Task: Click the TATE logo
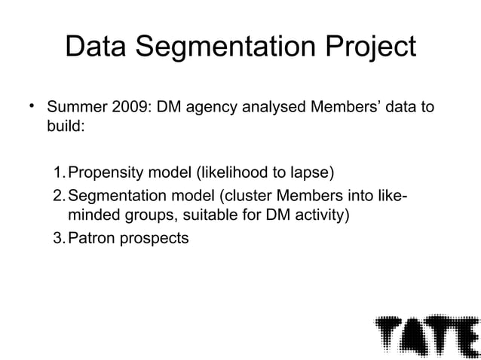click(x=426, y=331)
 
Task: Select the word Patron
click(x=90, y=240)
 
